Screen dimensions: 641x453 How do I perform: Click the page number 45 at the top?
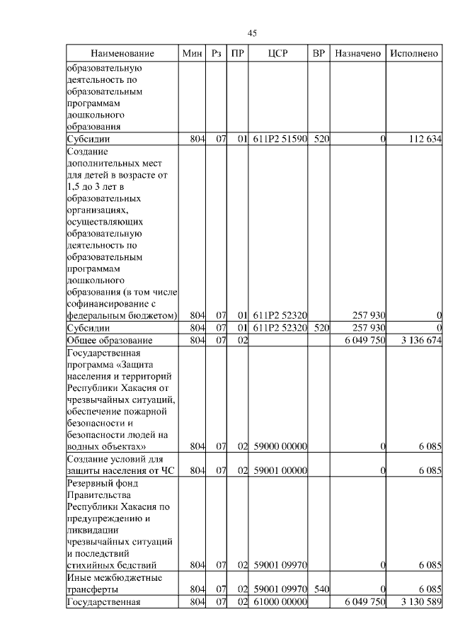click(252, 33)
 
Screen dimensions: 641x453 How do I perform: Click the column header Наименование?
click(122, 54)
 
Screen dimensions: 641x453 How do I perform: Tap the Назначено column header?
click(358, 54)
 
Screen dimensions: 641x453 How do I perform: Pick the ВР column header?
click(319, 54)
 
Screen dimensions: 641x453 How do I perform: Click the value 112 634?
click(425, 140)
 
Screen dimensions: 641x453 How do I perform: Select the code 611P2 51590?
click(280, 140)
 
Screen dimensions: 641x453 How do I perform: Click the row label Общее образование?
click(104, 341)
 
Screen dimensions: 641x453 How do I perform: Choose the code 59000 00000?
click(280, 446)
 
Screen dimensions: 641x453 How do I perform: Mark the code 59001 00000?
click(280, 470)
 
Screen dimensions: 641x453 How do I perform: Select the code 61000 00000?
click(280, 601)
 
